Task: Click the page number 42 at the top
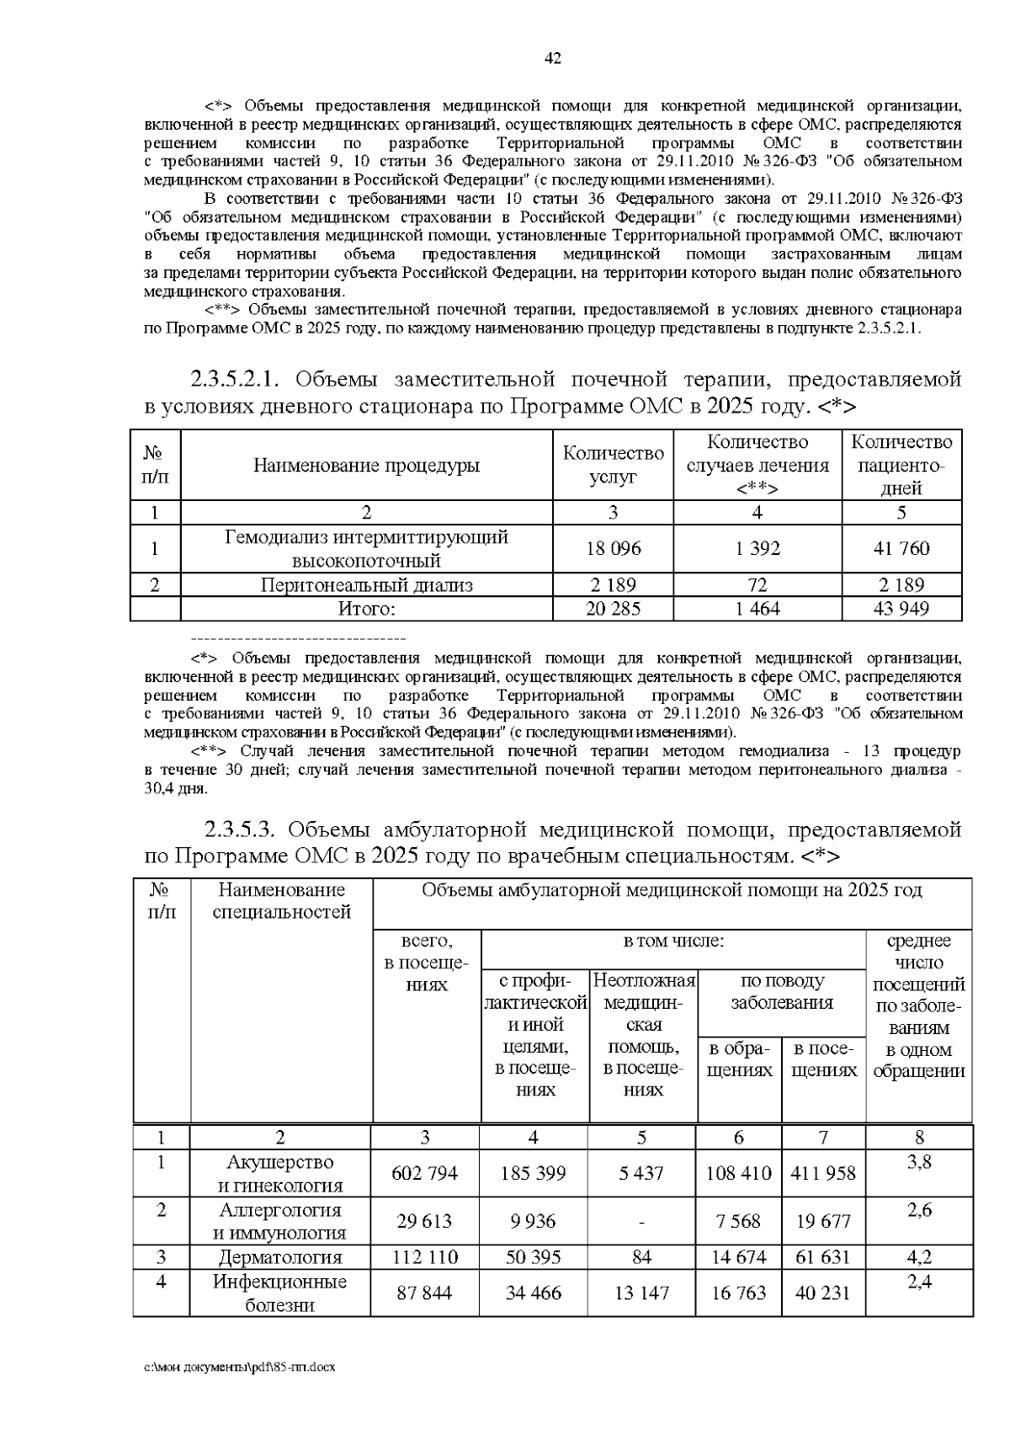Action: (x=553, y=58)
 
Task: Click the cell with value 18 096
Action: (x=613, y=548)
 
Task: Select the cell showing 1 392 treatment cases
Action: (x=757, y=548)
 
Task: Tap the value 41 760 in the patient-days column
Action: (x=901, y=548)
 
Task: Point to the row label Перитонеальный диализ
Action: (x=366, y=584)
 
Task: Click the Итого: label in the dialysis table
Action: (x=366, y=608)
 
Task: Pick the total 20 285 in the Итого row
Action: (x=613, y=608)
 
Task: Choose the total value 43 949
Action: (x=901, y=608)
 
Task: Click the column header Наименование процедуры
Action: (x=366, y=466)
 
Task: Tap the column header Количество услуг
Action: (x=613, y=465)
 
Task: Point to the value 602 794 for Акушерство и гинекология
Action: (x=425, y=1173)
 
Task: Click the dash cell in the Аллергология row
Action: (x=641, y=1222)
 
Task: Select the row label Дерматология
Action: (x=280, y=1257)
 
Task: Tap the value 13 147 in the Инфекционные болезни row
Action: (x=641, y=1293)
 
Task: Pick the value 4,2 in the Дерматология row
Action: (x=919, y=1257)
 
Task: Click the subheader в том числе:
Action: (x=673, y=941)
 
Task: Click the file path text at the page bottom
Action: (x=239, y=1367)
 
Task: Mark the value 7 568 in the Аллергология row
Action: (x=738, y=1221)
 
